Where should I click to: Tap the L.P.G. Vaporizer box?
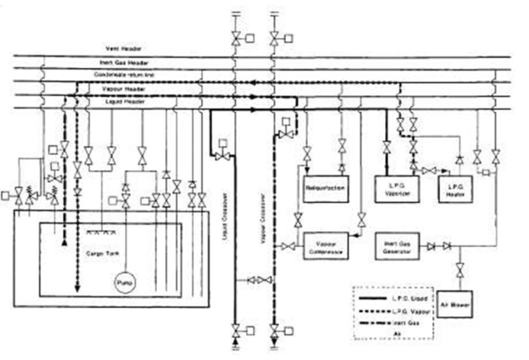click(x=395, y=188)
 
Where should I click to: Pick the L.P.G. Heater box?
click(x=456, y=189)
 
